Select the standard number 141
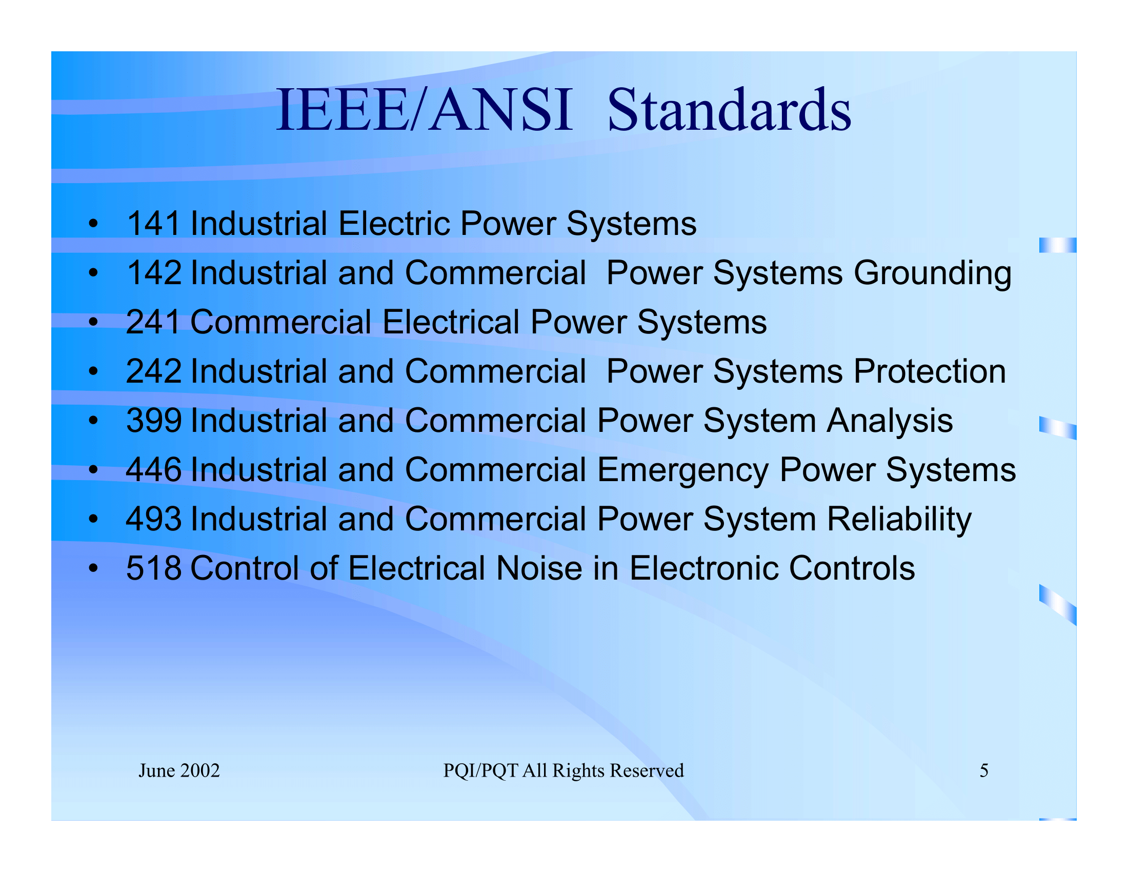153,224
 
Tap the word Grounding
932,273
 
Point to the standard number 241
153,322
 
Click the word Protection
930,371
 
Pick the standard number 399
153,421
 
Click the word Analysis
890,422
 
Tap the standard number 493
153,519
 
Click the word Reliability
899,520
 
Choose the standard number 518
153,568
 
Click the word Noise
539,568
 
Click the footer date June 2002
179,771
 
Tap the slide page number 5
984,771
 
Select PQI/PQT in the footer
480,771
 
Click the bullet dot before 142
93,273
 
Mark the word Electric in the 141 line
394,224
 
